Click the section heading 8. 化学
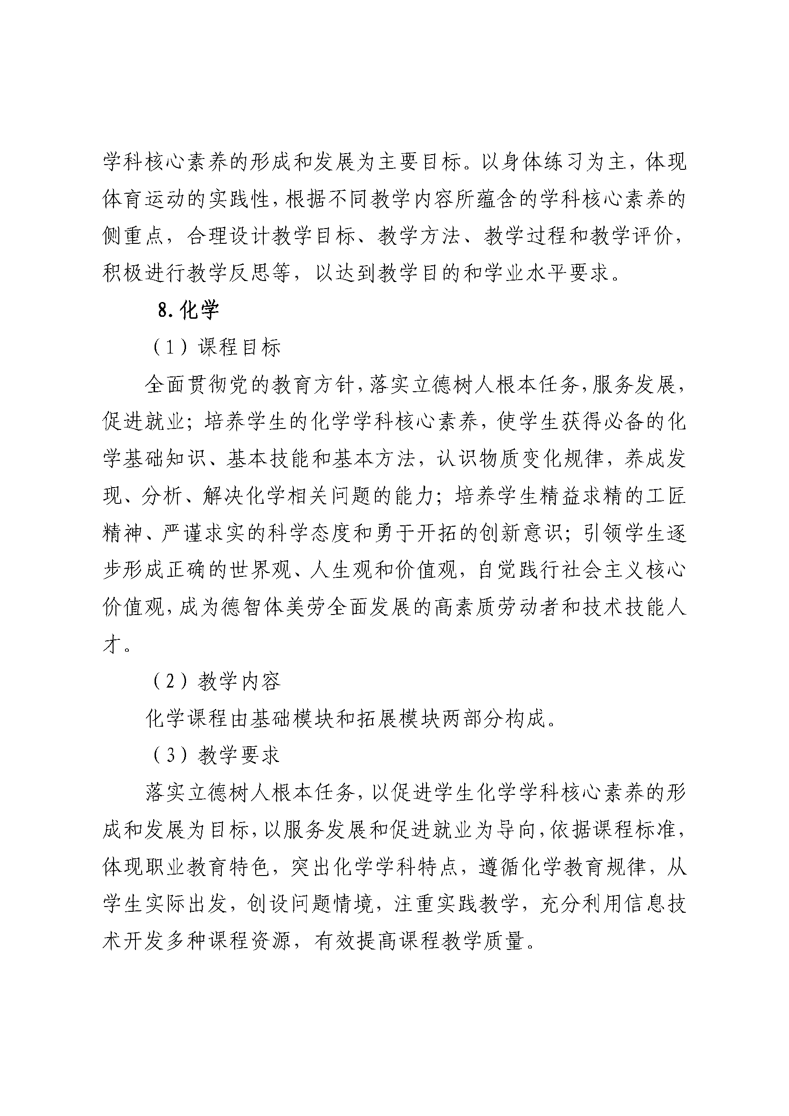pos(189,310)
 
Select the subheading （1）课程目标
pos(217,347)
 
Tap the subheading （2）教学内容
pos(217,682)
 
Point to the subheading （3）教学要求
pos(217,756)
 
